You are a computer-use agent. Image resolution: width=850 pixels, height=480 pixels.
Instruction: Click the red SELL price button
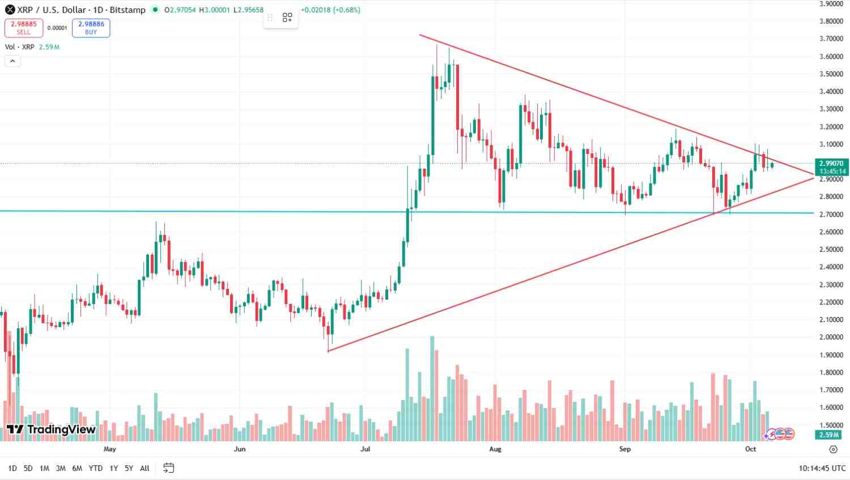pos(24,28)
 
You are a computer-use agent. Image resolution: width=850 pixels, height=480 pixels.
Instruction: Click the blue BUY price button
pos(91,28)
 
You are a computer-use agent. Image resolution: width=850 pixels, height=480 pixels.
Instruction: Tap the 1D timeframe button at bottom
pos(12,468)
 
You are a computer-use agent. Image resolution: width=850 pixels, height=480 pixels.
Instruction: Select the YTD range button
pos(96,468)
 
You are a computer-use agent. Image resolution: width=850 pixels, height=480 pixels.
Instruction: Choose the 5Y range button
pos(129,468)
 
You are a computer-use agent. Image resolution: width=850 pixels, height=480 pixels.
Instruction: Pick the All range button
pos(144,468)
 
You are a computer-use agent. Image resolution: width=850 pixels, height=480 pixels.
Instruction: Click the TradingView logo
pos(51,430)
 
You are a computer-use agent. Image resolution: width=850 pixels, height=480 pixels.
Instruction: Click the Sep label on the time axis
pos(624,449)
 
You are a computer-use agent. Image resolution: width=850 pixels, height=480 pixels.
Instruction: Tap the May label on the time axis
pos(110,449)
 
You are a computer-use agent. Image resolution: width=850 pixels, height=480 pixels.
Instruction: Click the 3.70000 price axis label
pos(831,39)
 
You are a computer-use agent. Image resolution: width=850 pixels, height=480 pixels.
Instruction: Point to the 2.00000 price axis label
pos(831,337)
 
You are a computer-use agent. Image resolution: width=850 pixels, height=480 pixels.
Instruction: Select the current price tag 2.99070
pos(832,163)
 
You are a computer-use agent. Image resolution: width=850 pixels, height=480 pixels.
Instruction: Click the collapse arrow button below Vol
pos(12,61)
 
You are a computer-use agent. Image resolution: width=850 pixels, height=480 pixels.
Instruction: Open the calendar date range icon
pos(168,468)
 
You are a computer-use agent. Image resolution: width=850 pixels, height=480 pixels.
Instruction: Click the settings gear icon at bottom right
pos(832,449)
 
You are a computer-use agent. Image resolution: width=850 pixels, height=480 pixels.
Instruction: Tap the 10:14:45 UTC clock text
pos(822,468)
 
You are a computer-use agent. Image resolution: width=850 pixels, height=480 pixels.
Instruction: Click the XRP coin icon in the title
pos(10,10)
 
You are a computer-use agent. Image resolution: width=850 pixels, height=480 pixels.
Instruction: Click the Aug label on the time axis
pos(495,449)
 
